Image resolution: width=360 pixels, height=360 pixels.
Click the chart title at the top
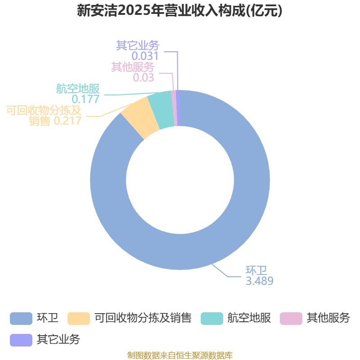[180, 10]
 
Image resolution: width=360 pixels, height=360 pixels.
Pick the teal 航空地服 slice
[160, 110]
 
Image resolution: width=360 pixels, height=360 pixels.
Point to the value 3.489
[259, 281]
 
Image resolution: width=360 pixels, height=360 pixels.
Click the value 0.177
[85, 99]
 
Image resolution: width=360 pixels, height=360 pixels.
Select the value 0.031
[145, 56]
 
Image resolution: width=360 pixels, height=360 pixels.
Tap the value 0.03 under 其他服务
[144, 77]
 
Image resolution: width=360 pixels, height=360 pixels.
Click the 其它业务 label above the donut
[137, 45]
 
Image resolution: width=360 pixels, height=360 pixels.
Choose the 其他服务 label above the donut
[133, 67]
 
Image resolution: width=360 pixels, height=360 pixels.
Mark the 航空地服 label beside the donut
[77, 89]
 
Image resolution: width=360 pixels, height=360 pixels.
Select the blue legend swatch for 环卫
[21, 318]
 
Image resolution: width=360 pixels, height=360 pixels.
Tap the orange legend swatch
[78, 318]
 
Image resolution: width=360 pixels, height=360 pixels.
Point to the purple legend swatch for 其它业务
[21, 340]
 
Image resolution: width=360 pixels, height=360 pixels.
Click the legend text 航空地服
[249, 318]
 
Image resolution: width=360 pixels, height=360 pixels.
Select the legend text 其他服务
[328, 318]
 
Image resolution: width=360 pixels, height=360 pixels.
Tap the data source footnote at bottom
[180, 355]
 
